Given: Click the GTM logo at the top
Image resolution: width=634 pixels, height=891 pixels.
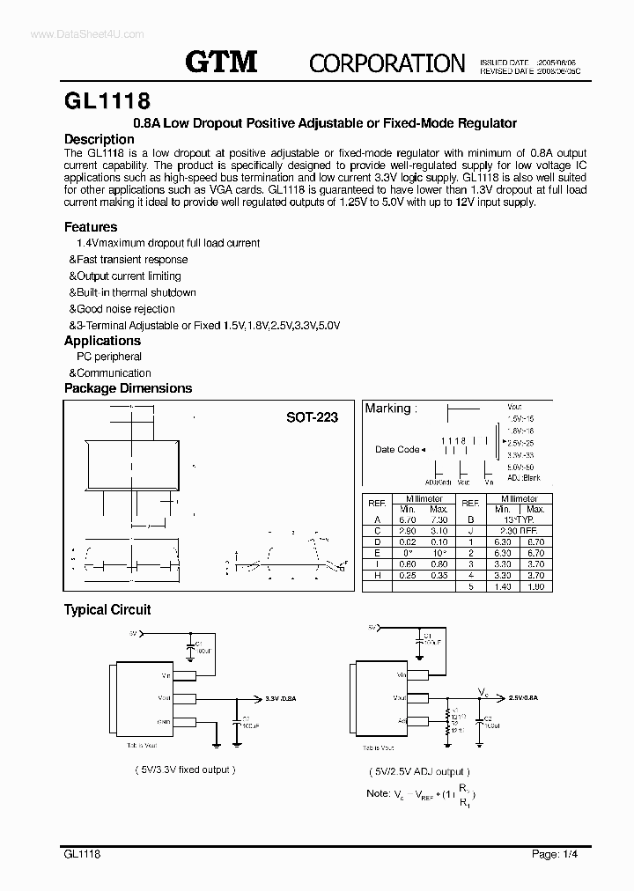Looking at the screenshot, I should (x=221, y=61).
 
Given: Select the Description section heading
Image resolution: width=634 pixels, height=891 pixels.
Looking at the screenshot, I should (x=100, y=139).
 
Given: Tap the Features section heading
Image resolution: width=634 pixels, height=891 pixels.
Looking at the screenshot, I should (x=91, y=227).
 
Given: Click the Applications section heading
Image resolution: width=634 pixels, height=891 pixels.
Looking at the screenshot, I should (x=102, y=341).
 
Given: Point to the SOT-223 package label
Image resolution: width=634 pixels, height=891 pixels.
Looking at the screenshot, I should (x=312, y=417).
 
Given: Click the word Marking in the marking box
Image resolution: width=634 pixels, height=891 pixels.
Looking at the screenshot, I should (x=387, y=409).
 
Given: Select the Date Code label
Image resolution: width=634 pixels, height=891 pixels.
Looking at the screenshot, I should (x=397, y=449).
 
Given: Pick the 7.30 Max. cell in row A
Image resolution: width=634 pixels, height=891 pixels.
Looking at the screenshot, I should (x=438, y=519).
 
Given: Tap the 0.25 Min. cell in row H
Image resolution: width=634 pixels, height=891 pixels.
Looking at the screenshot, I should (x=407, y=575).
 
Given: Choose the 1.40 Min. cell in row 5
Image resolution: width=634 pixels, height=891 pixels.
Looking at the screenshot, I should (x=504, y=585).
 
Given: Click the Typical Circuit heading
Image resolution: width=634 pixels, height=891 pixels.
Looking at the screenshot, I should (x=107, y=609).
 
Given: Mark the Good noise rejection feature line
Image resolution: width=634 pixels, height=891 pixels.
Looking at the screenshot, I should (x=122, y=309).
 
